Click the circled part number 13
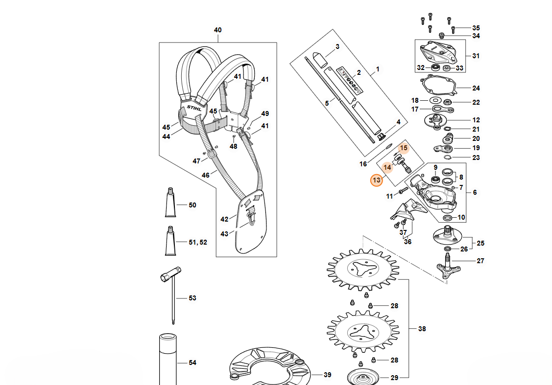pos(376,181)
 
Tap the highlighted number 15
pos(403,148)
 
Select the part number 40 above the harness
pos(217,30)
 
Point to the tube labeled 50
pos(169,202)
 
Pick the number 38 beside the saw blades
pos(422,329)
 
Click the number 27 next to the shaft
pos(480,261)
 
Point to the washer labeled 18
pos(434,100)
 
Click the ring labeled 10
pos(448,217)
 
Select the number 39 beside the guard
pos(327,375)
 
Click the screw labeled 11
pos(404,190)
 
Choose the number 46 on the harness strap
pos(206,175)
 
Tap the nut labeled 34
pos(441,35)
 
